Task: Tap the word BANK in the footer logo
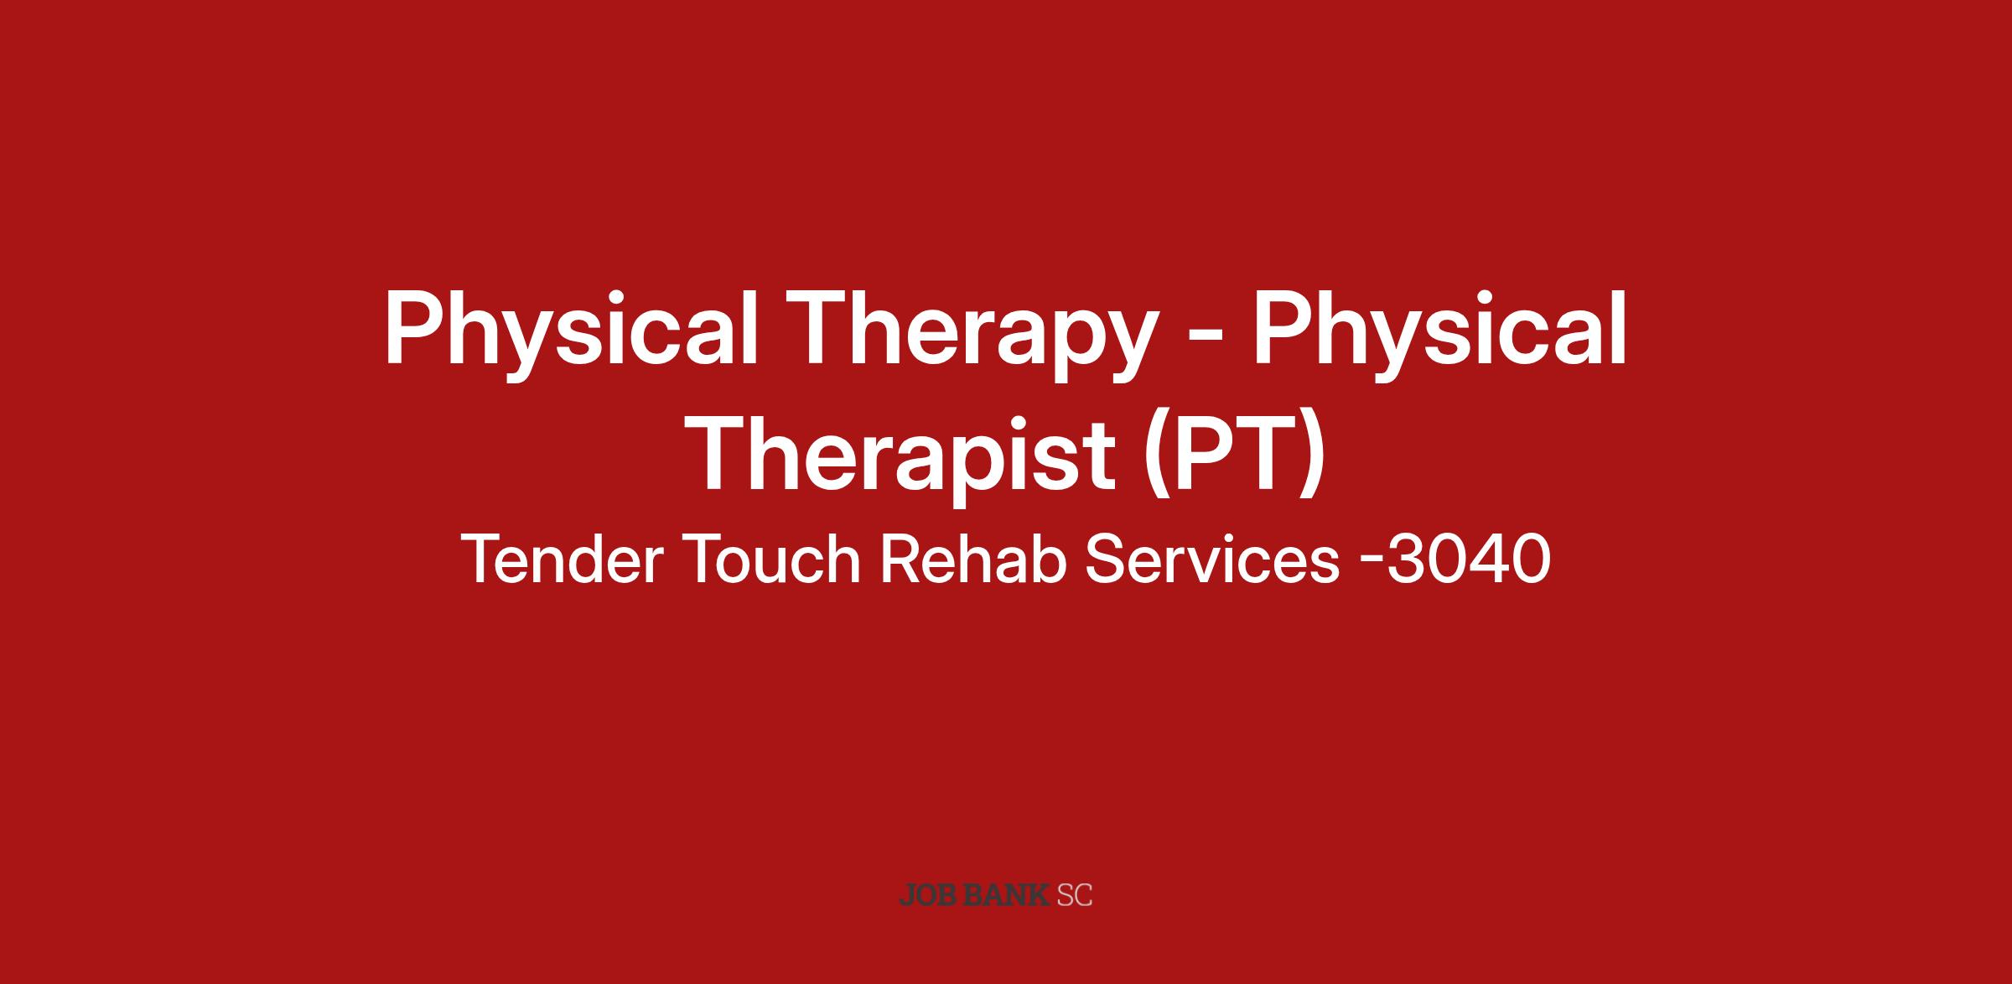1006,894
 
